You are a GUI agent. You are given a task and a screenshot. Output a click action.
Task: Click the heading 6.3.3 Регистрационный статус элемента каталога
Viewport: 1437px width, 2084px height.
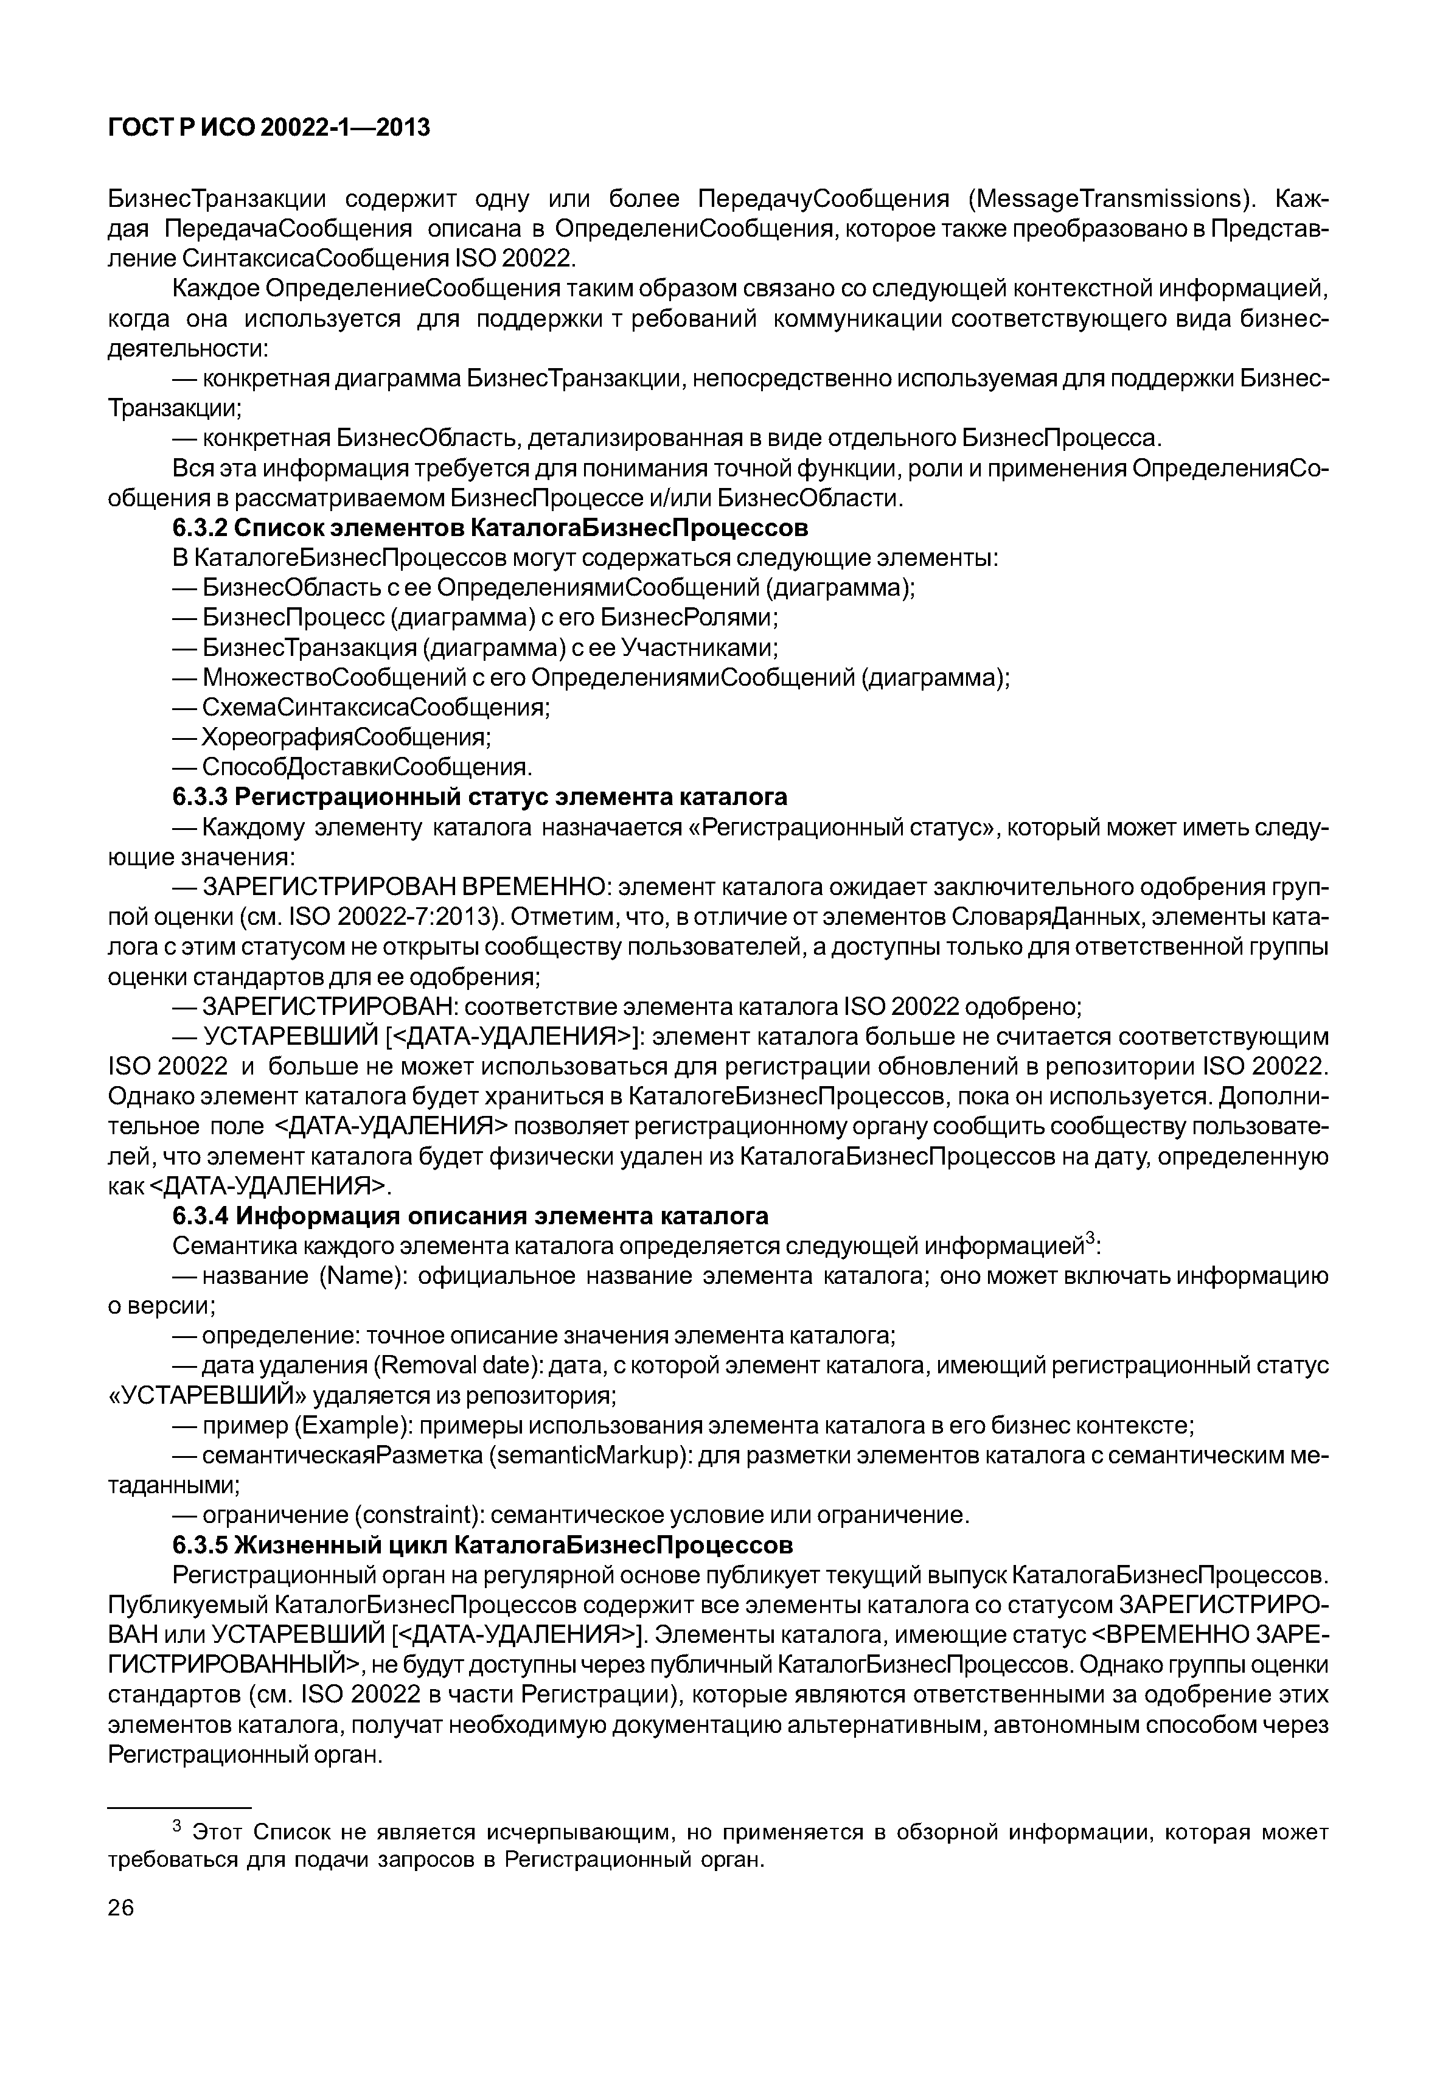pos(480,797)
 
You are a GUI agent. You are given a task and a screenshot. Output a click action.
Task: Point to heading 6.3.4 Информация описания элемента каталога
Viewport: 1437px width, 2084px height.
pos(470,1217)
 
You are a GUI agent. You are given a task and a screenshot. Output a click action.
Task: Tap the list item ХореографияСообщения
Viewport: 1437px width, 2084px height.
pos(346,737)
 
